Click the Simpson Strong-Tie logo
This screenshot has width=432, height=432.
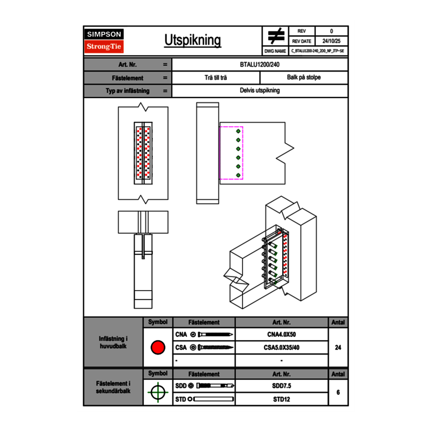[x=104, y=41]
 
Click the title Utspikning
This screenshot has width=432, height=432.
[x=192, y=41]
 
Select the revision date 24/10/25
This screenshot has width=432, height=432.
[x=331, y=41]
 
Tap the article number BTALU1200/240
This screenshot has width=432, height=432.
[x=260, y=64]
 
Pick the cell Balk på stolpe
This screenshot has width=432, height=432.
[x=304, y=78]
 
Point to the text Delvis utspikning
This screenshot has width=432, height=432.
[x=260, y=91]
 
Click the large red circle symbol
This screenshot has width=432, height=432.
[x=158, y=348]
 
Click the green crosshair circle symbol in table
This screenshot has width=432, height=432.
[x=158, y=392]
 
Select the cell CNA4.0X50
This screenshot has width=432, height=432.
[x=281, y=335]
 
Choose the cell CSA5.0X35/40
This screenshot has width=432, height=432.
[x=281, y=348]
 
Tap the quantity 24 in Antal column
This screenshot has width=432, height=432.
[x=338, y=348]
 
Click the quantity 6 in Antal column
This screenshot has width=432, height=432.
[x=338, y=392]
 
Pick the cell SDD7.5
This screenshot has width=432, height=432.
[x=281, y=386]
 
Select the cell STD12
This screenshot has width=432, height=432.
[x=281, y=399]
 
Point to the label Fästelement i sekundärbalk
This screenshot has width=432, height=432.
[x=113, y=387]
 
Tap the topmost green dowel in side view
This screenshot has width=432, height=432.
[x=238, y=132]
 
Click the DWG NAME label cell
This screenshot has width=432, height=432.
[x=275, y=51]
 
